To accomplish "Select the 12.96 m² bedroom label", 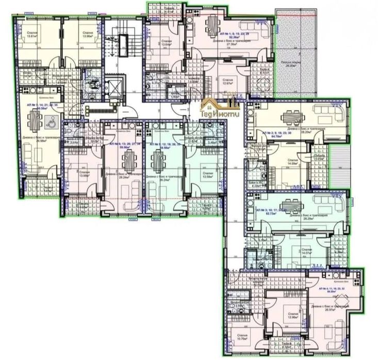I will (x=293, y=315).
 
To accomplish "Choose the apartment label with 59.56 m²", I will (x=122, y=145).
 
